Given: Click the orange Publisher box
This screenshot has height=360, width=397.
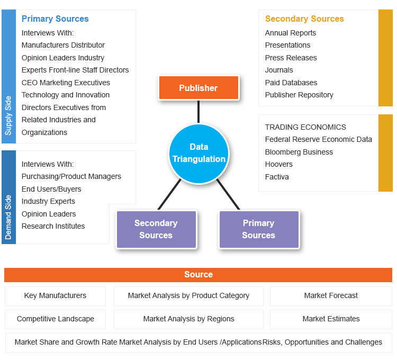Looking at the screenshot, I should pyautogui.click(x=198, y=88).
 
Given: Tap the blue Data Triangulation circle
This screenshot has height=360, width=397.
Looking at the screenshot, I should pyautogui.click(x=198, y=153).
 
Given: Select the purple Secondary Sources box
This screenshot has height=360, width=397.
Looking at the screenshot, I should pyautogui.click(x=156, y=229).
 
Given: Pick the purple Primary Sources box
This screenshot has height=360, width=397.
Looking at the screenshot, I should pyautogui.click(x=258, y=229).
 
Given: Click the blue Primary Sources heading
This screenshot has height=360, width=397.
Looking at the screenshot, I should pyautogui.click(x=55, y=19).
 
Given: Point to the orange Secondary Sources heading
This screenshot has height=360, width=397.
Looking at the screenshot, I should pyautogui.click(x=304, y=19).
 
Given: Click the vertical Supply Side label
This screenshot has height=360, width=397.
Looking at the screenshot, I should pyautogui.click(x=8, y=115).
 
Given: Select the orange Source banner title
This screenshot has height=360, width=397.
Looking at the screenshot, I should pyautogui.click(x=198, y=275).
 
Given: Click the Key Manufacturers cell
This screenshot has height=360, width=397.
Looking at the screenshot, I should pyautogui.click(x=55, y=296).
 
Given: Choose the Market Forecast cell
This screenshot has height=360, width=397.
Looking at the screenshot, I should pyautogui.click(x=331, y=296).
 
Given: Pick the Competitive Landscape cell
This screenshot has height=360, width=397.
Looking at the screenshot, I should pyautogui.click(x=55, y=319).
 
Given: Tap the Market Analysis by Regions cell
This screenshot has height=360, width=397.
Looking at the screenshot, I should pyautogui.click(x=188, y=319).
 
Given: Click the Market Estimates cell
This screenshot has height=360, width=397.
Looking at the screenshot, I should pyautogui.click(x=331, y=319).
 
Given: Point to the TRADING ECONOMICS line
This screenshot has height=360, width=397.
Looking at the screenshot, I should pyautogui.click(x=305, y=127).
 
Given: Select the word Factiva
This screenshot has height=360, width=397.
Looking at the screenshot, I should pyautogui.click(x=277, y=177).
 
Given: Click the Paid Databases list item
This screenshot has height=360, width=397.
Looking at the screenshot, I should pyautogui.click(x=291, y=83).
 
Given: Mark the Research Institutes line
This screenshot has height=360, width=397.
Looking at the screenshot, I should pyautogui.click(x=53, y=226).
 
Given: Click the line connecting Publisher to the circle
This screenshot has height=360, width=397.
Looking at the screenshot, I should pyautogui.click(x=198, y=112).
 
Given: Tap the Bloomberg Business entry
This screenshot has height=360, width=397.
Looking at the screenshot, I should pyautogui.click(x=299, y=152).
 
